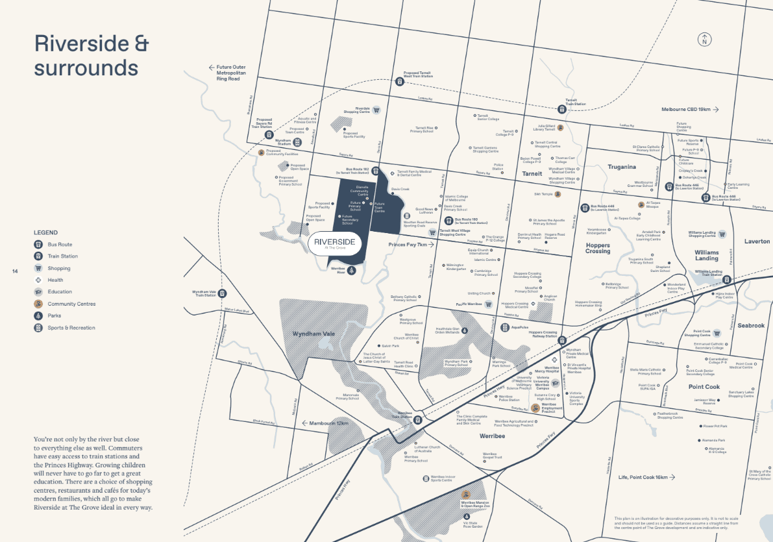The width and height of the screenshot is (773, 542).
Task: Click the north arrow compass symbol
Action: [704, 39]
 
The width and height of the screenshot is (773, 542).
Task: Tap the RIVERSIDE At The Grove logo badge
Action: [334, 242]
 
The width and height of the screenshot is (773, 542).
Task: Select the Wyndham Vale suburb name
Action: [312, 334]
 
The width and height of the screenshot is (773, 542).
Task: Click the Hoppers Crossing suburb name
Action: [597, 247]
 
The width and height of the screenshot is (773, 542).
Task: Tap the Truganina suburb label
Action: [621, 167]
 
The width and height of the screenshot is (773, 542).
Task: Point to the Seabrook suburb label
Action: [751, 325]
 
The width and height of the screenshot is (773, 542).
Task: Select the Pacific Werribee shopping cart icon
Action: [489, 304]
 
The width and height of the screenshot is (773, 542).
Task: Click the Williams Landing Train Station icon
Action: [728, 280]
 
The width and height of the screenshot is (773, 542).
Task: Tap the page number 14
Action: [14, 271]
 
